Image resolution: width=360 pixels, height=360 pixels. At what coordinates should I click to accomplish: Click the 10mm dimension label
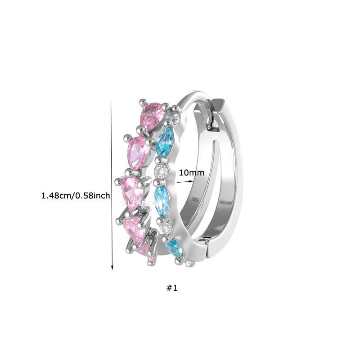pyautogui.click(x=192, y=173)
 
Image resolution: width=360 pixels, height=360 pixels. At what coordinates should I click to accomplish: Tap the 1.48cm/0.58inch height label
pyautogui.click(x=75, y=196)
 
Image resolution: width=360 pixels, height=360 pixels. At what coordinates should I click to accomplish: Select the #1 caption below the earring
pyautogui.click(x=172, y=288)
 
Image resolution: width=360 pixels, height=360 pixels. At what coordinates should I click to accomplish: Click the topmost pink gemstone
pyautogui.click(x=153, y=117)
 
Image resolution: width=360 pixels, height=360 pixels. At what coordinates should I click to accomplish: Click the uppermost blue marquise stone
pyautogui.click(x=165, y=140)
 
